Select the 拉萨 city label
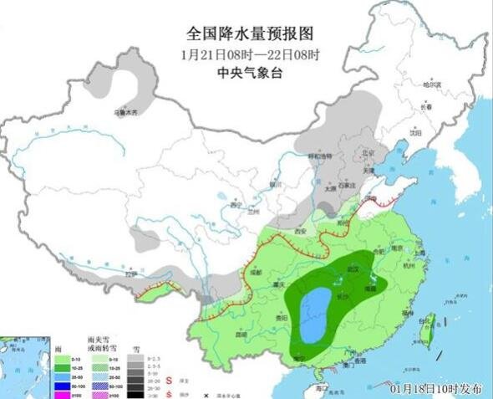pos(130,274)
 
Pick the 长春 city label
pos(427,106)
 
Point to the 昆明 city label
pos(241,334)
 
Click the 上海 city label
pos(419,253)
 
